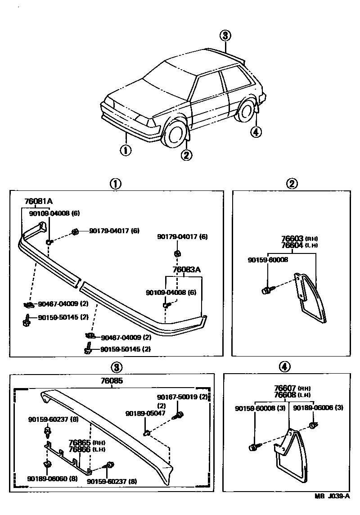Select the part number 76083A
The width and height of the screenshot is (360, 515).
[x=186, y=270]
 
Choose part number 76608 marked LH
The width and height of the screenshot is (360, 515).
[x=285, y=395]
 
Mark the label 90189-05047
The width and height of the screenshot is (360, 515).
[x=143, y=413]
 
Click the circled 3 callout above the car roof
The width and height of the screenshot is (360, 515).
[x=226, y=36]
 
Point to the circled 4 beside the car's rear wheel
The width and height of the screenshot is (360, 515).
[x=255, y=132]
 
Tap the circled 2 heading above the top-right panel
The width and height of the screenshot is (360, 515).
[x=292, y=184]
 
